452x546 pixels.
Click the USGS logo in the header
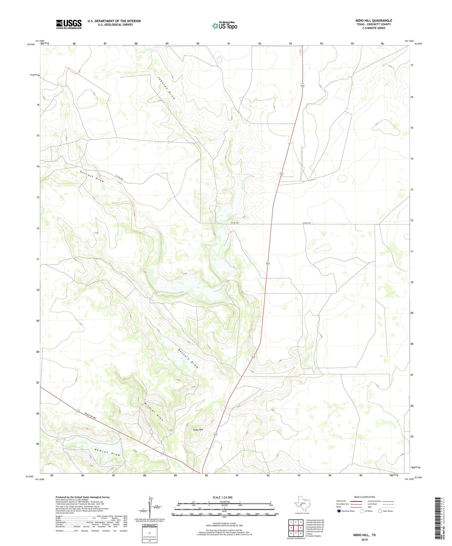(x=69, y=24)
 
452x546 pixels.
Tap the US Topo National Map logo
(x=225, y=25)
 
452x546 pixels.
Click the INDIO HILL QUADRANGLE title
(x=373, y=21)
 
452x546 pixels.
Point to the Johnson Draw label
(x=166, y=88)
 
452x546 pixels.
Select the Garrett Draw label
(x=91, y=177)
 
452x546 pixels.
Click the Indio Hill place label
(x=198, y=430)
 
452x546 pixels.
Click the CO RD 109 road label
(x=307, y=223)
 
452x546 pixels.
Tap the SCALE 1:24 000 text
(x=222, y=498)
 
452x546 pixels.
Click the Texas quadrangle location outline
(x=302, y=504)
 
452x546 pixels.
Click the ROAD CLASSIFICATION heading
(x=364, y=497)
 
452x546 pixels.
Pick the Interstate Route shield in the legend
(x=339, y=511)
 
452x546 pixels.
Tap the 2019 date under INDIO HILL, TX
(x=364, y=539)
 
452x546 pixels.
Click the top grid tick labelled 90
(x=198, y=43)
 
